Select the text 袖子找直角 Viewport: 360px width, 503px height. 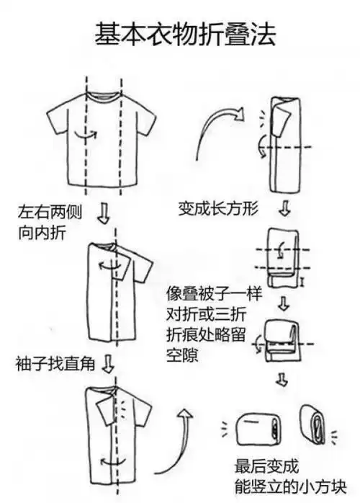click(50, 362)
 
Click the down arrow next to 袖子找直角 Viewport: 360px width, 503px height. click(108, 363)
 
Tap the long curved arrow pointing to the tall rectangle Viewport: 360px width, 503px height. click(216, 130)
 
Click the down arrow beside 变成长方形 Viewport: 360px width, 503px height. click(284, 209)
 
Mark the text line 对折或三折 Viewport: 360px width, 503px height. click(202, 316)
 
